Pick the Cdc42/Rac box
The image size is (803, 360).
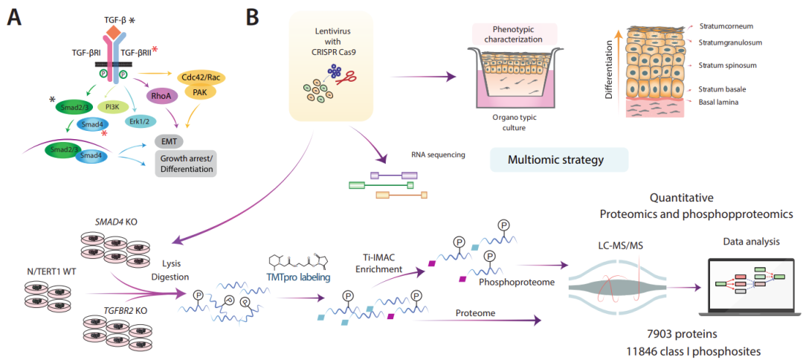click(x=201, y=77)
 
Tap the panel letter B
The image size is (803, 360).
click(x=252, y=16)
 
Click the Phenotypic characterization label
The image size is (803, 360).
click(x=516, y=33)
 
